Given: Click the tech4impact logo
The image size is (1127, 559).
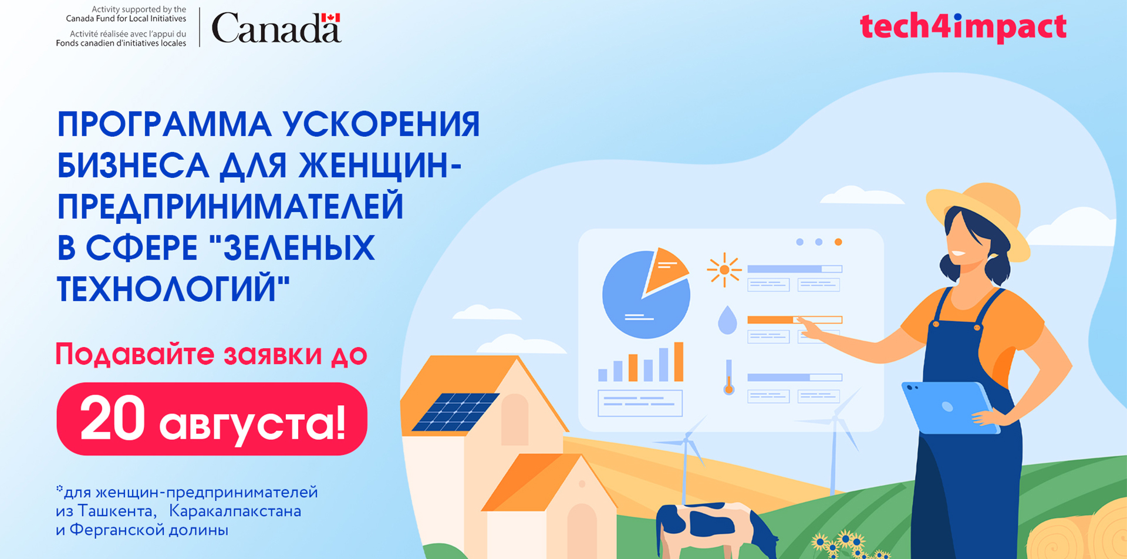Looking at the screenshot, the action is (x=963, y=27).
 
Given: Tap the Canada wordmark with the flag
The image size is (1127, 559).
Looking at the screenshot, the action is (x=276, y=28).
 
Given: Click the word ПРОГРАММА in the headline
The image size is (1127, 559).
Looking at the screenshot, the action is (x=164, y=124).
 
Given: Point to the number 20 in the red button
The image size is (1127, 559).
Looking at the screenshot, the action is (x=113, y=418).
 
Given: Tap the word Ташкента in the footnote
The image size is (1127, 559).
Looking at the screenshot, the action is (x=117, y=511).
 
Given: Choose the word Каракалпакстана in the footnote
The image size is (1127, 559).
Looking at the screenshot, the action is (x=235, y=511).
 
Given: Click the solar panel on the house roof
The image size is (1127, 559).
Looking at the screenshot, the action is (x=455, y=412).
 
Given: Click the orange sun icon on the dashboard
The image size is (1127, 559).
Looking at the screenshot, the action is (x=724, y=270).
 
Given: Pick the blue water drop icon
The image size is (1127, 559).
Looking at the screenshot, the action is (x=727, y=320).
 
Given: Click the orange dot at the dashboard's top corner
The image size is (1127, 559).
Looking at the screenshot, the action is (x=838, y=242).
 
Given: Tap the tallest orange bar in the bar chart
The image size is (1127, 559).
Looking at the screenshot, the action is (x=679, y=362).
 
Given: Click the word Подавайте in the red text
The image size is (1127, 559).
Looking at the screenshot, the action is (x=135, y=355).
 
